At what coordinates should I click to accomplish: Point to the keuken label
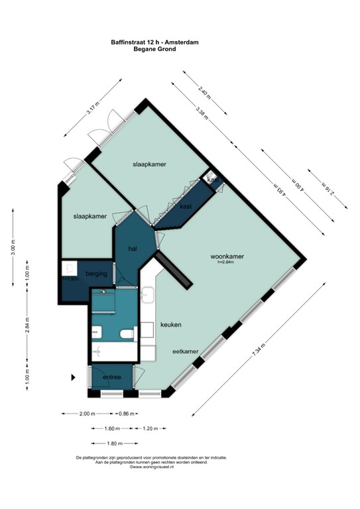tap(170, 325)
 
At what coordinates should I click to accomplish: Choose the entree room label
tap(111, 378)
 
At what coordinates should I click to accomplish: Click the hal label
tap(132, 249)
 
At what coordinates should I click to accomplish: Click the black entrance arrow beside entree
tap(74, 378)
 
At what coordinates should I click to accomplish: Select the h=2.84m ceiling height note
tap(226, 262)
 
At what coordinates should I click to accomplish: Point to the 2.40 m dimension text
tap(204, 92)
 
